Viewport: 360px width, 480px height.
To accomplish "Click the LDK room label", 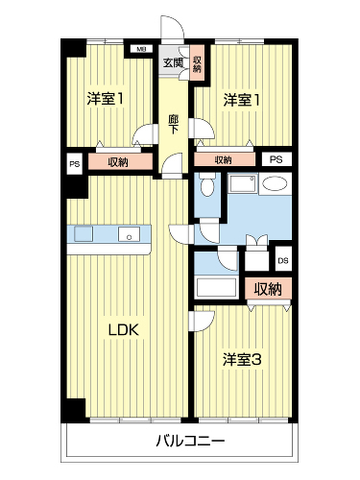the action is click(x=124, y=329).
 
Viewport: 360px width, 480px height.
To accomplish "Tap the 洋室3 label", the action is click(x=242, y=360).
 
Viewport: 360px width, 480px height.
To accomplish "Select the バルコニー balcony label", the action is click(x=190, y=442).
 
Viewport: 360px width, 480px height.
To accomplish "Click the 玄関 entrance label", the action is click(x=173, y=62).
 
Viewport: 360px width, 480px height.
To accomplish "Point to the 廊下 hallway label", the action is click(x=174, y=125).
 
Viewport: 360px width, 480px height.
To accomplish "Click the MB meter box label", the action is click(x=141, y=49).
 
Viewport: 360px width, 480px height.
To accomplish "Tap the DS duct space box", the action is click(x=283, y=260).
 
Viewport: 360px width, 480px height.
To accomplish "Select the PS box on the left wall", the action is click(x=75, y=164).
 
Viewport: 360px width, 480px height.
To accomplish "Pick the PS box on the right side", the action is click(x=276, y=159).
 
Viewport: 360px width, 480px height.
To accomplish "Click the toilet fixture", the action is click(x=207, y=184).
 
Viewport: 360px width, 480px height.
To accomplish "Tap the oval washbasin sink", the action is click(x=276, y=183).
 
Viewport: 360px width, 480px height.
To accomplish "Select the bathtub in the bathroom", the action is click(x=217, y=287).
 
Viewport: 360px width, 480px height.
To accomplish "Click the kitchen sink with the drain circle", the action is click(x=129, y=234).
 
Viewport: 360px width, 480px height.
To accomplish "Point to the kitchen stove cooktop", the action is click(x=84, y=233).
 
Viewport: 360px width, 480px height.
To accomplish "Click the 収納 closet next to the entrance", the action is click(x=197, y=63).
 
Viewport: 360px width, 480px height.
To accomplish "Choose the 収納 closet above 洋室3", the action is click(x=268, y=289).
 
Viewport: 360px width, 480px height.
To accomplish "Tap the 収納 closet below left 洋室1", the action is click(x=120, y=162).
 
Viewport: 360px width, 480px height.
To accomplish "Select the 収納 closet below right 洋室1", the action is click(x=225, y=159).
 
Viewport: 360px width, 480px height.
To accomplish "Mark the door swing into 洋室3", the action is click(x=203, y=322).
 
